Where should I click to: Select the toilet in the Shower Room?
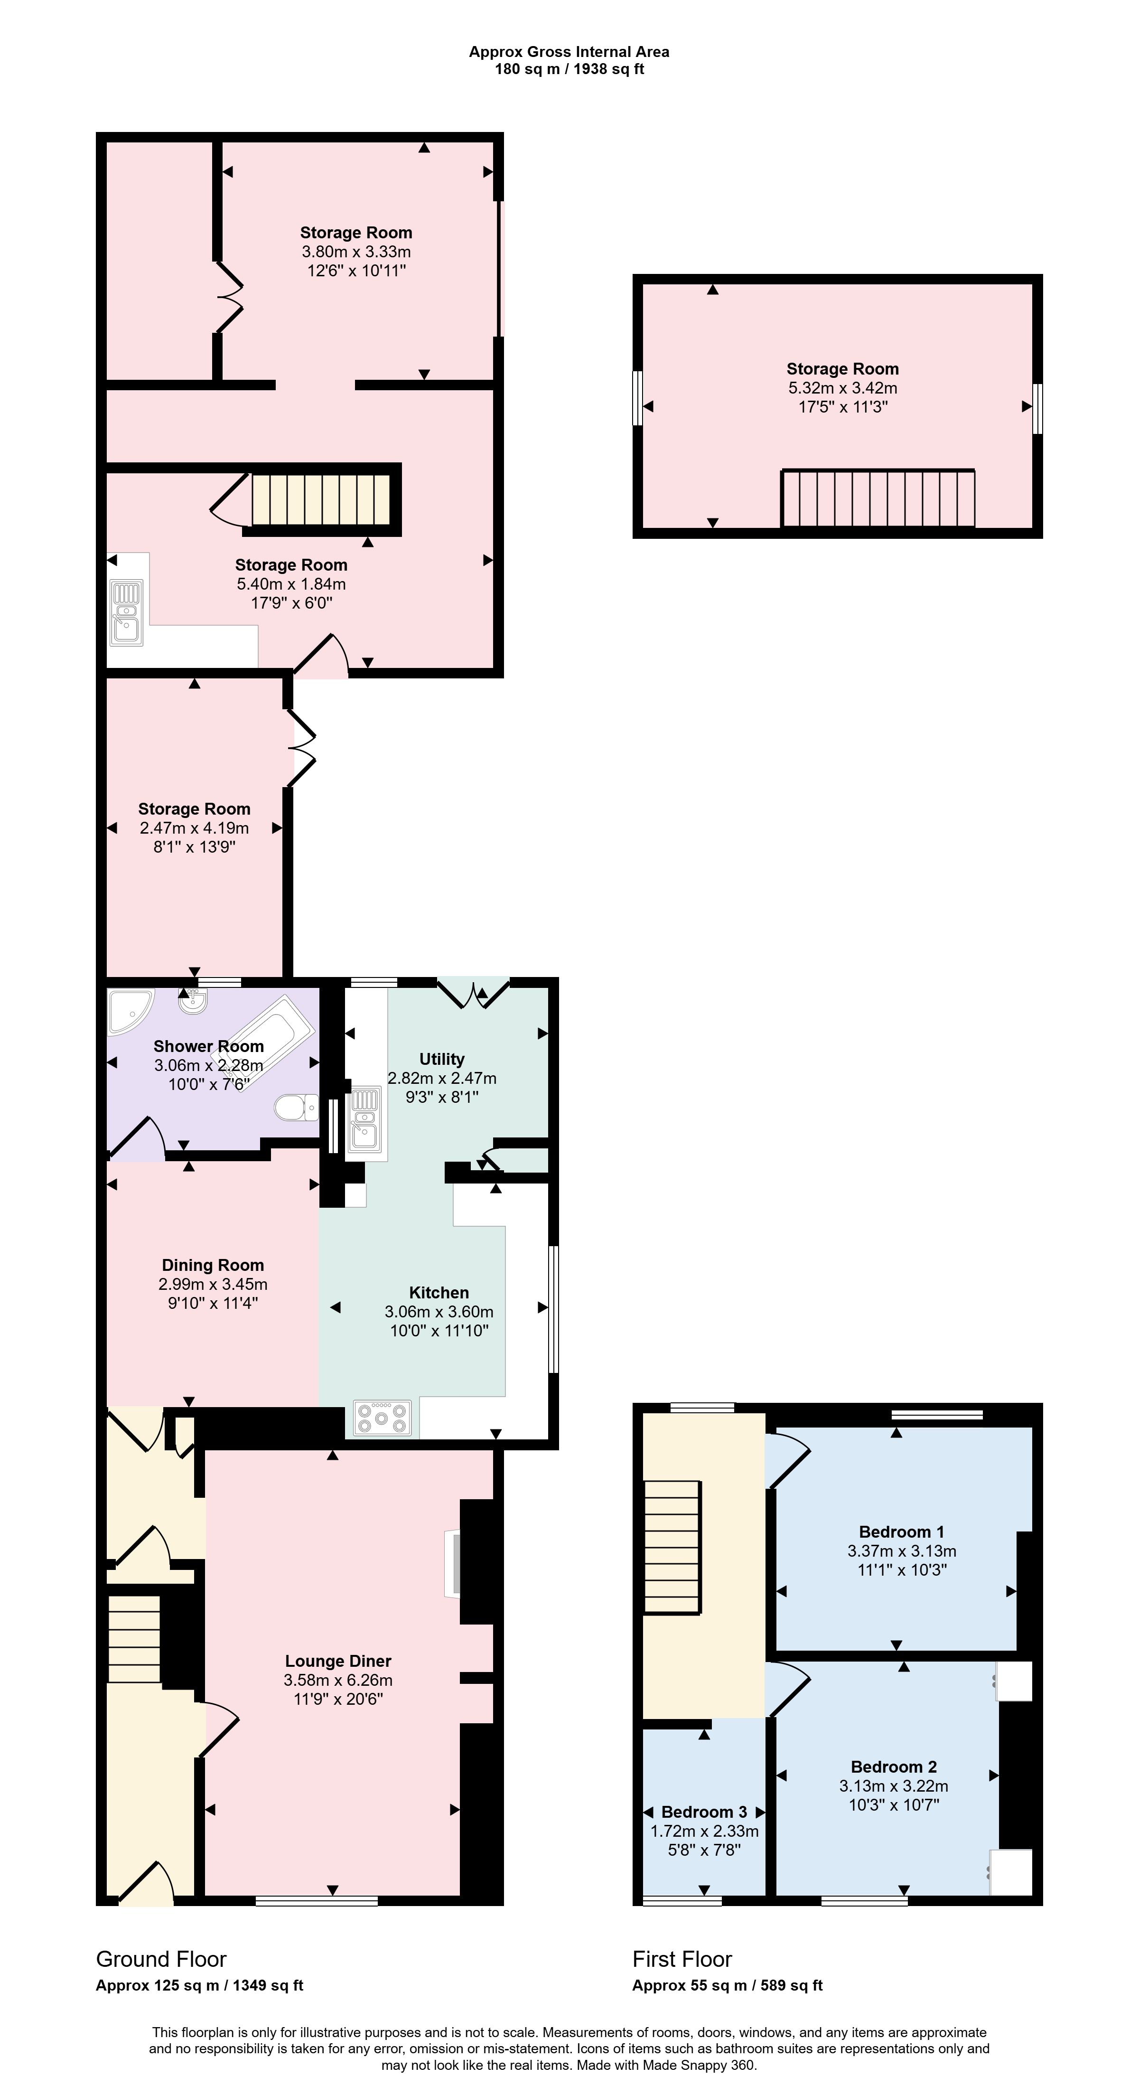tap(296, 1107)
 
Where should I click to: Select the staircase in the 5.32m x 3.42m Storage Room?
tap(878, 498)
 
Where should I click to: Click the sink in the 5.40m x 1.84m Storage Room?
tap(126, 611)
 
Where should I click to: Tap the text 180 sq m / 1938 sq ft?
tap(569, 69)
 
